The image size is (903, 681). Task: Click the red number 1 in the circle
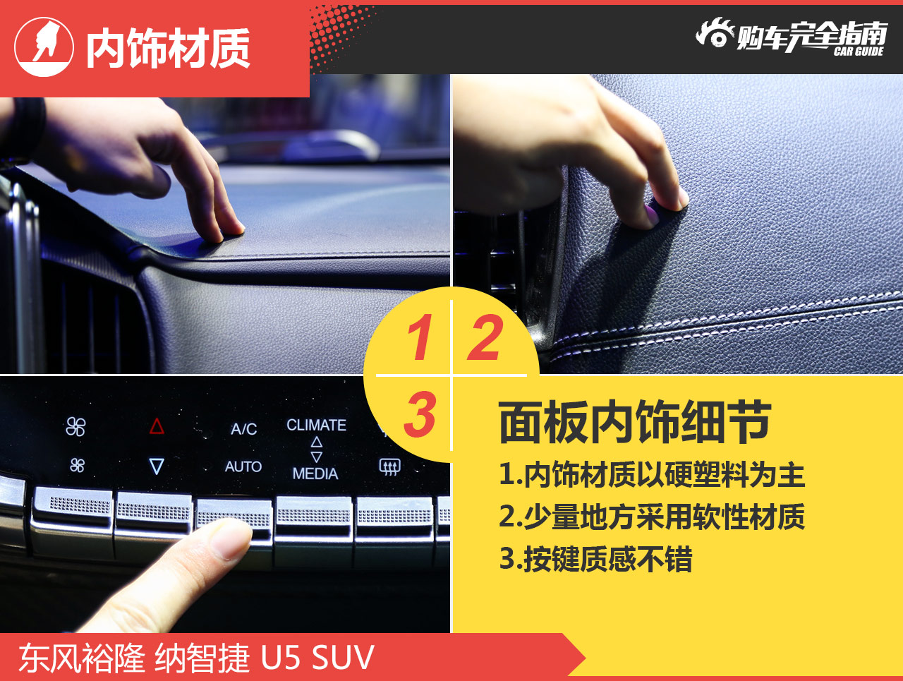[x=419, y=337]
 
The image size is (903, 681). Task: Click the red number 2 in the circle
[x=485, y=337]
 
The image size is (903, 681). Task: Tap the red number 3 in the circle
[x=420, y=414]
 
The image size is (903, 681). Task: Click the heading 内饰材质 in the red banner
[x=168, y=49]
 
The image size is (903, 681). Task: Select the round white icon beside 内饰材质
[x=44, y=47]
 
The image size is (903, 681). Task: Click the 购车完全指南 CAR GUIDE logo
[x=791, y=36]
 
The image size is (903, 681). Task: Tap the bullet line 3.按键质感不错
[x=595, y=559]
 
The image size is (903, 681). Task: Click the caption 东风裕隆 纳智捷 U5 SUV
[x=196, y=658]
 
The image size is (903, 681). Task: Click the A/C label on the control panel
[x=243, y=429]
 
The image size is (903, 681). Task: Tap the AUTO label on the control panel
[x=243, y=466]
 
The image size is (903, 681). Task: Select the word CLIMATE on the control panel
[x=316, y=425]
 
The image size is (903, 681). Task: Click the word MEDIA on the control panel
[x=315, y=474]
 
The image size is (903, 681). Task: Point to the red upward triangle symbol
[x=157, y=426]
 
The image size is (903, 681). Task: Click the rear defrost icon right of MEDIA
[x=390, y=466]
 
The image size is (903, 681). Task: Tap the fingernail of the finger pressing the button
[x=231, y=540]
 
